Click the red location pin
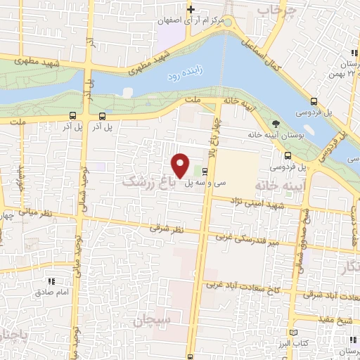(x=181, y=165)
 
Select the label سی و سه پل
(x=206, y=182)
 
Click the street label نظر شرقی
(x=165, y=228)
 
